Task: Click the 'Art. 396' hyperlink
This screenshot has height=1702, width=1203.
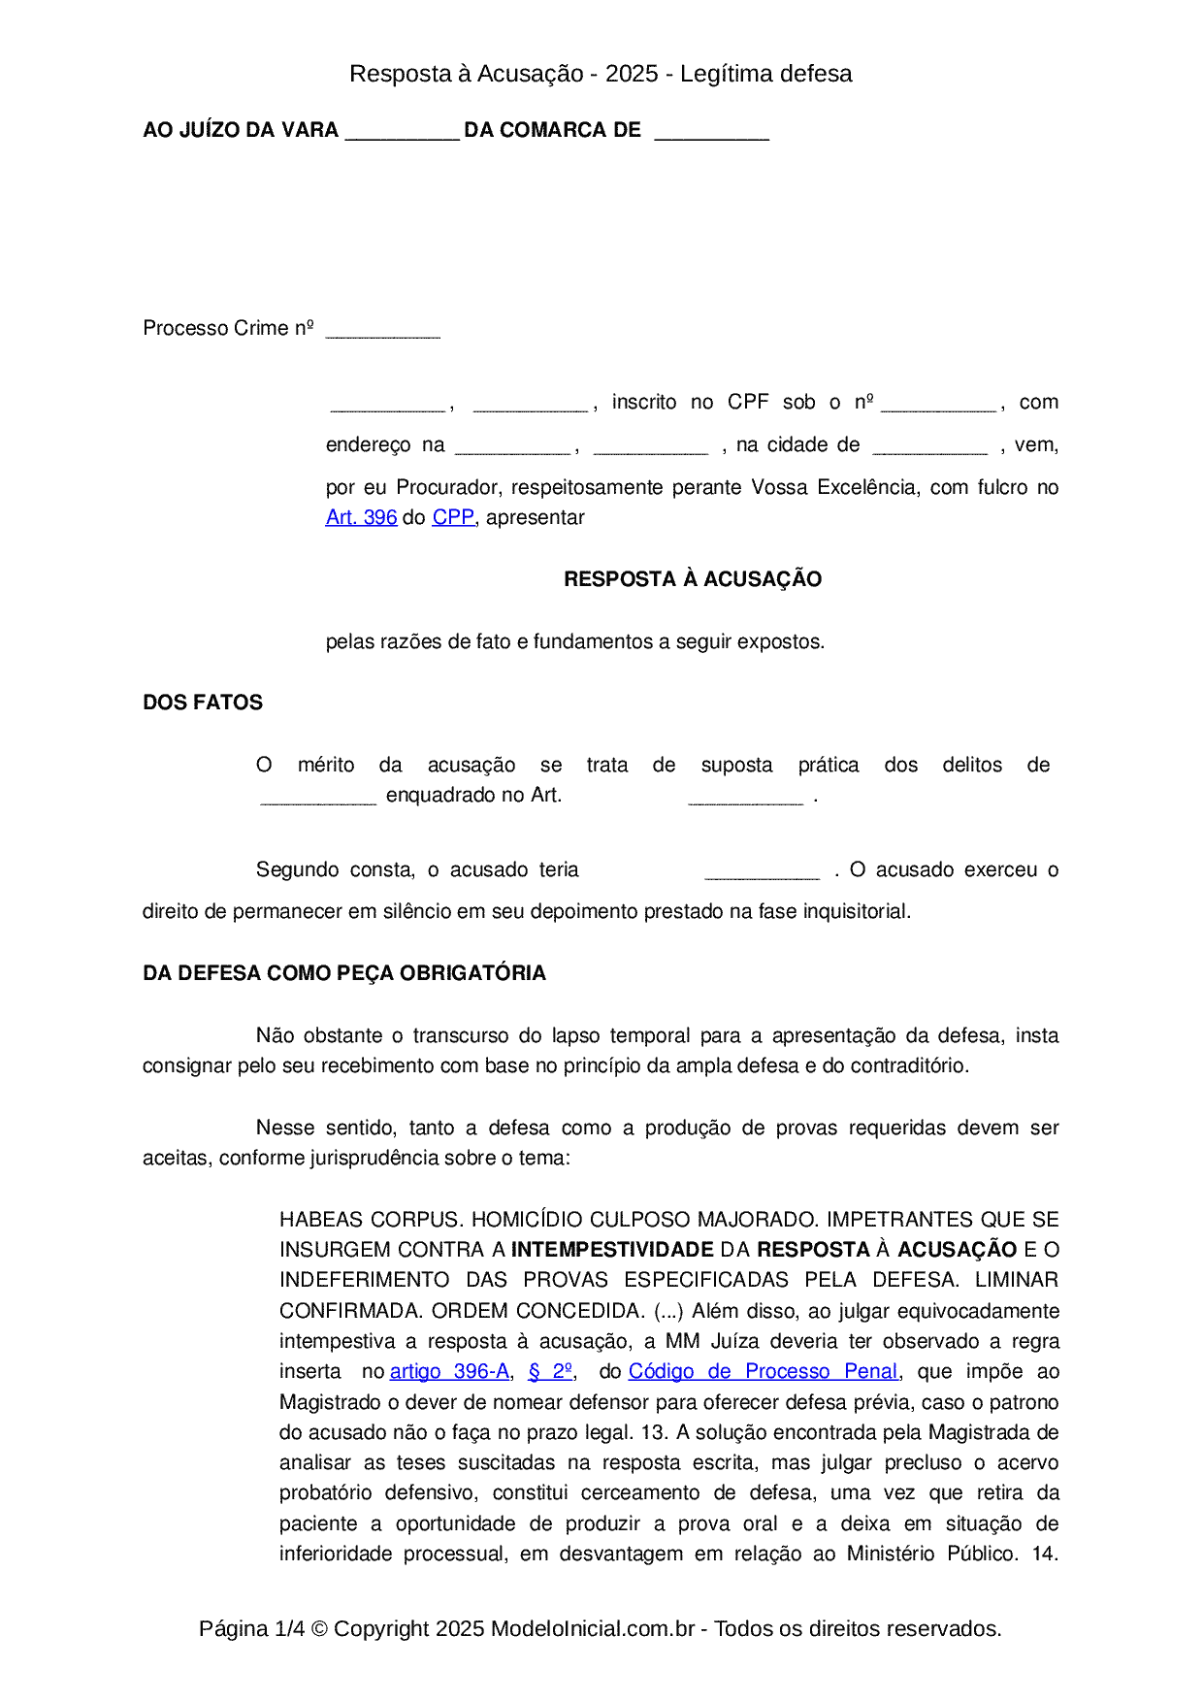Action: click(361, 518)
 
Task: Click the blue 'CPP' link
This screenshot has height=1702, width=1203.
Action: click(453, 518)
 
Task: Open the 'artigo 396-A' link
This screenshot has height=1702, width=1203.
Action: click(449, 1372)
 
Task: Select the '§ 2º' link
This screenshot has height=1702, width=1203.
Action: click(550, 1372)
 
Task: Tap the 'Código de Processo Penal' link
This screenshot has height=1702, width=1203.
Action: click(764, 1372)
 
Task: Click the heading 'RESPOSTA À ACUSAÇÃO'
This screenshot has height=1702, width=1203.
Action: click(693, 579)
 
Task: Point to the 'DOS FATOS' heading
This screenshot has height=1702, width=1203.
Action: click(203, 703)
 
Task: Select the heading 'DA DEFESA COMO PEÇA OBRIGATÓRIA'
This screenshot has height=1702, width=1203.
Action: click(344, 973)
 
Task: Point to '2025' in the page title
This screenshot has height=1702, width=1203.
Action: click(632, 74)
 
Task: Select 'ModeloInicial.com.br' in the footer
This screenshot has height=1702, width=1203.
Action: click(593, 1628)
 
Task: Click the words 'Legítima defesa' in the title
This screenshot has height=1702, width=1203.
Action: click(766, 74)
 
